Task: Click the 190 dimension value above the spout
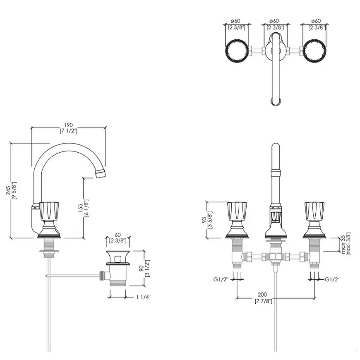point(68,125)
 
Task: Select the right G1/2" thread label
point(332,279)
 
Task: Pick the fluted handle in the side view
point(49,209)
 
